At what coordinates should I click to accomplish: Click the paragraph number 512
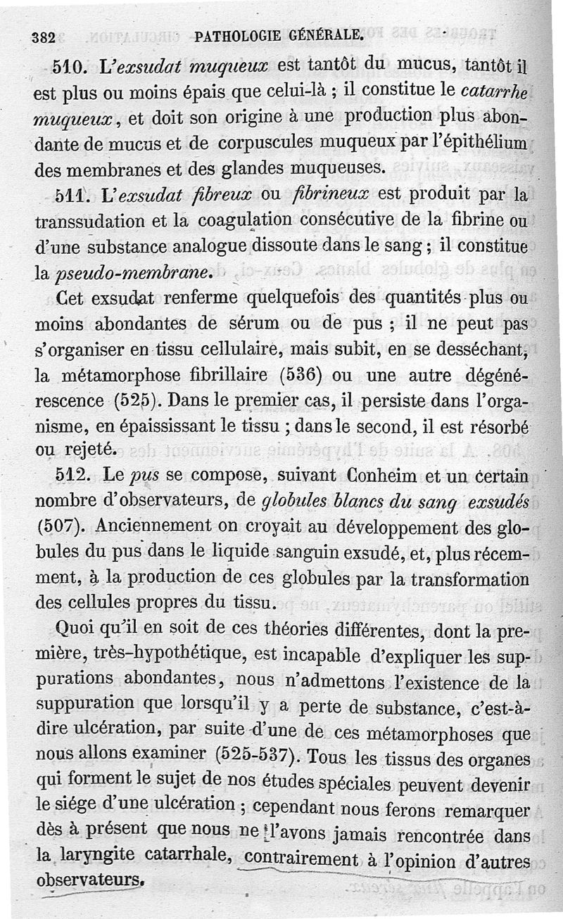(72, 475)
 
